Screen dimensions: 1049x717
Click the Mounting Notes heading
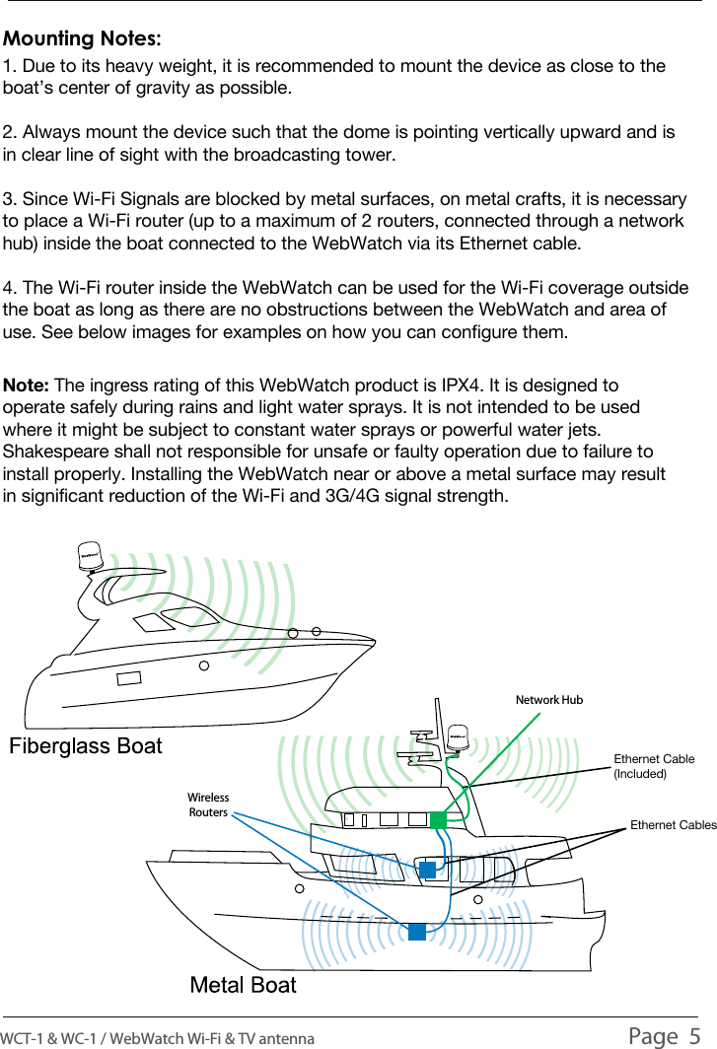[x=83, y=39]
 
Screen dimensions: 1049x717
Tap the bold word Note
[x=28, y=385]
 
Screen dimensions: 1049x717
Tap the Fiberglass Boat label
[x=86, y=745]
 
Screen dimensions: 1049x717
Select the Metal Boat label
[x=243, y=985]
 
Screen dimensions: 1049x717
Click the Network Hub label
[x=549, y=700]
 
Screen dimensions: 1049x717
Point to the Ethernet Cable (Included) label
[x=654, y=766]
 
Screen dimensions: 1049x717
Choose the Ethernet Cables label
[x=673, y=824]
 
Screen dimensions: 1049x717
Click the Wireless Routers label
[x=208, y=805]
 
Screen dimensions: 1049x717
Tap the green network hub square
[x=439, y=819]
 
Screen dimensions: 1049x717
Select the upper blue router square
[x=427, y=870]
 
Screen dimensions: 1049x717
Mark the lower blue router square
[x=417, y=931]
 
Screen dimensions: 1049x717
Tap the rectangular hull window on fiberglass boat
[x=128, y=678]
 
